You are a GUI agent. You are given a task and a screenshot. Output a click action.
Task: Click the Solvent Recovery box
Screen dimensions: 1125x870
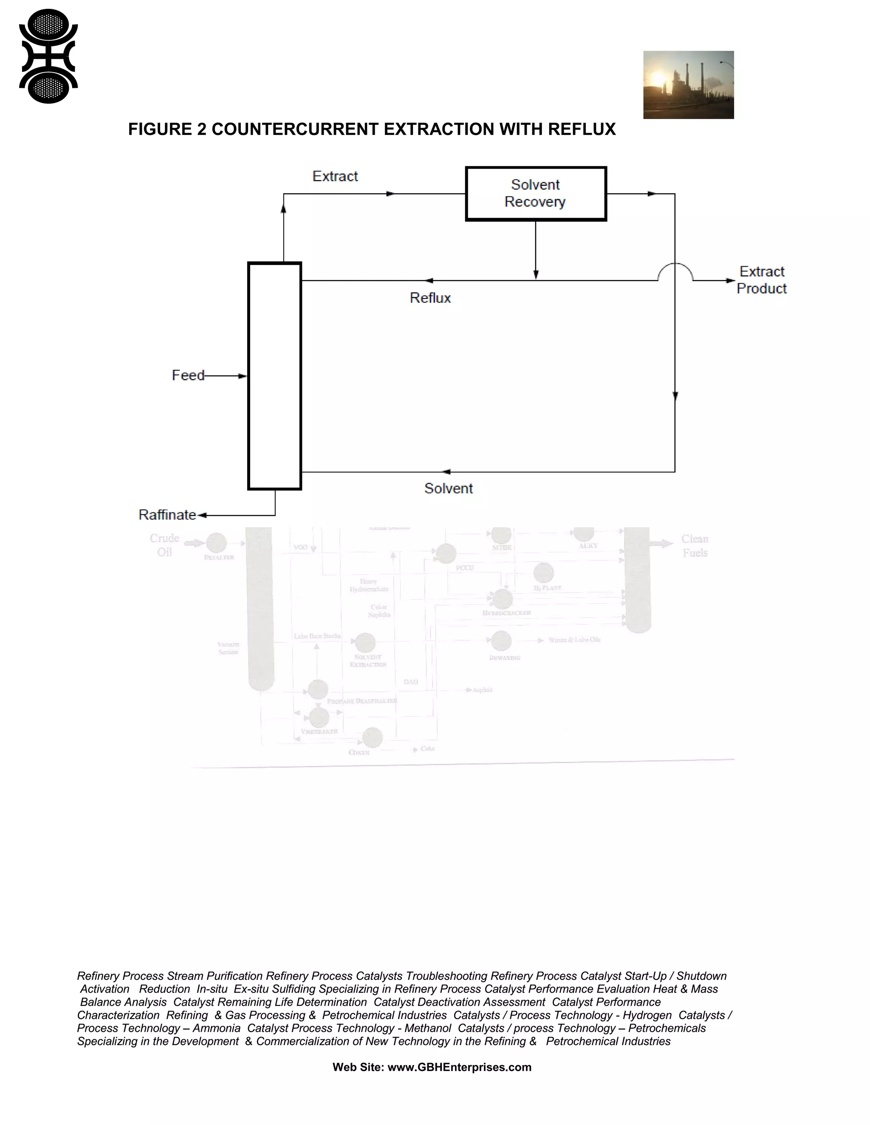[536, 194]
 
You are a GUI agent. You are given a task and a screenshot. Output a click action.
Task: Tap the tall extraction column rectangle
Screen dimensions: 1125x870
[275, 376]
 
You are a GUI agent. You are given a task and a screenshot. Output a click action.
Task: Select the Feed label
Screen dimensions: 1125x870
[188, 376]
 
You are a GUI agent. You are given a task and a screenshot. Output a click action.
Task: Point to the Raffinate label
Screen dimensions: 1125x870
[167, 515]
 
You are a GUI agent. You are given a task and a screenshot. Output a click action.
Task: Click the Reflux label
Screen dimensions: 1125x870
[430, 298]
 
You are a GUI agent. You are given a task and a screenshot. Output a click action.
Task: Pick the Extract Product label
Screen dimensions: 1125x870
[762, 280]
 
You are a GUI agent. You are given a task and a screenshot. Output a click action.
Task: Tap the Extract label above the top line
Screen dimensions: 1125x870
[335, 176]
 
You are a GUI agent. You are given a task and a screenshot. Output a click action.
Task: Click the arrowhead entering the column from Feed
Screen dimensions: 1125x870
[243, 376]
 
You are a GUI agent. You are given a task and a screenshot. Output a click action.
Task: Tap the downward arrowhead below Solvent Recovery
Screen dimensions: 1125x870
[536, 274]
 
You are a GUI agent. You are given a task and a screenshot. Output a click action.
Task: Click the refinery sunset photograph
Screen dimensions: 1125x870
[688, 85]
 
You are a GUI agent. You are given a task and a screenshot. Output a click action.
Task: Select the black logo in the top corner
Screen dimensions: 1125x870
[48, 56]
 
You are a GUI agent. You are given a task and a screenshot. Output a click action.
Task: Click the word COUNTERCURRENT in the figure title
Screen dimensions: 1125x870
[295, 129]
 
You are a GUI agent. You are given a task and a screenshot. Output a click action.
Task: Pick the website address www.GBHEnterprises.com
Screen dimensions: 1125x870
[459, 1067]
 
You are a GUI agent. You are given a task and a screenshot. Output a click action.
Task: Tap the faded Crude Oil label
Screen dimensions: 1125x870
[164, 545]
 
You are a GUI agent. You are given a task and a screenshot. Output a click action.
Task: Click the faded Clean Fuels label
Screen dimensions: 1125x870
[695, 546]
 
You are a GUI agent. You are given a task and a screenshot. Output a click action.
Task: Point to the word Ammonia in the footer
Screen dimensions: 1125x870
[217, 1028]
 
